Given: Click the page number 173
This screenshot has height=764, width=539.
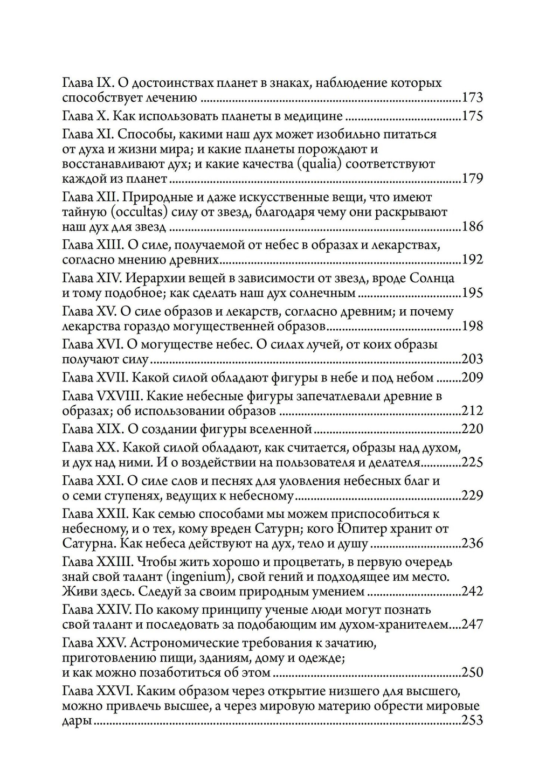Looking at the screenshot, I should (x=472, y=98).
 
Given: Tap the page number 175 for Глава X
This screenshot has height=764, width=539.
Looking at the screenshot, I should (x=472, y=116).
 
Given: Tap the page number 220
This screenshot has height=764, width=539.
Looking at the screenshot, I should (x=472, y=429).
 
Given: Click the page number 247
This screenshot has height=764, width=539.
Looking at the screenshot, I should (x=472, y=625).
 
